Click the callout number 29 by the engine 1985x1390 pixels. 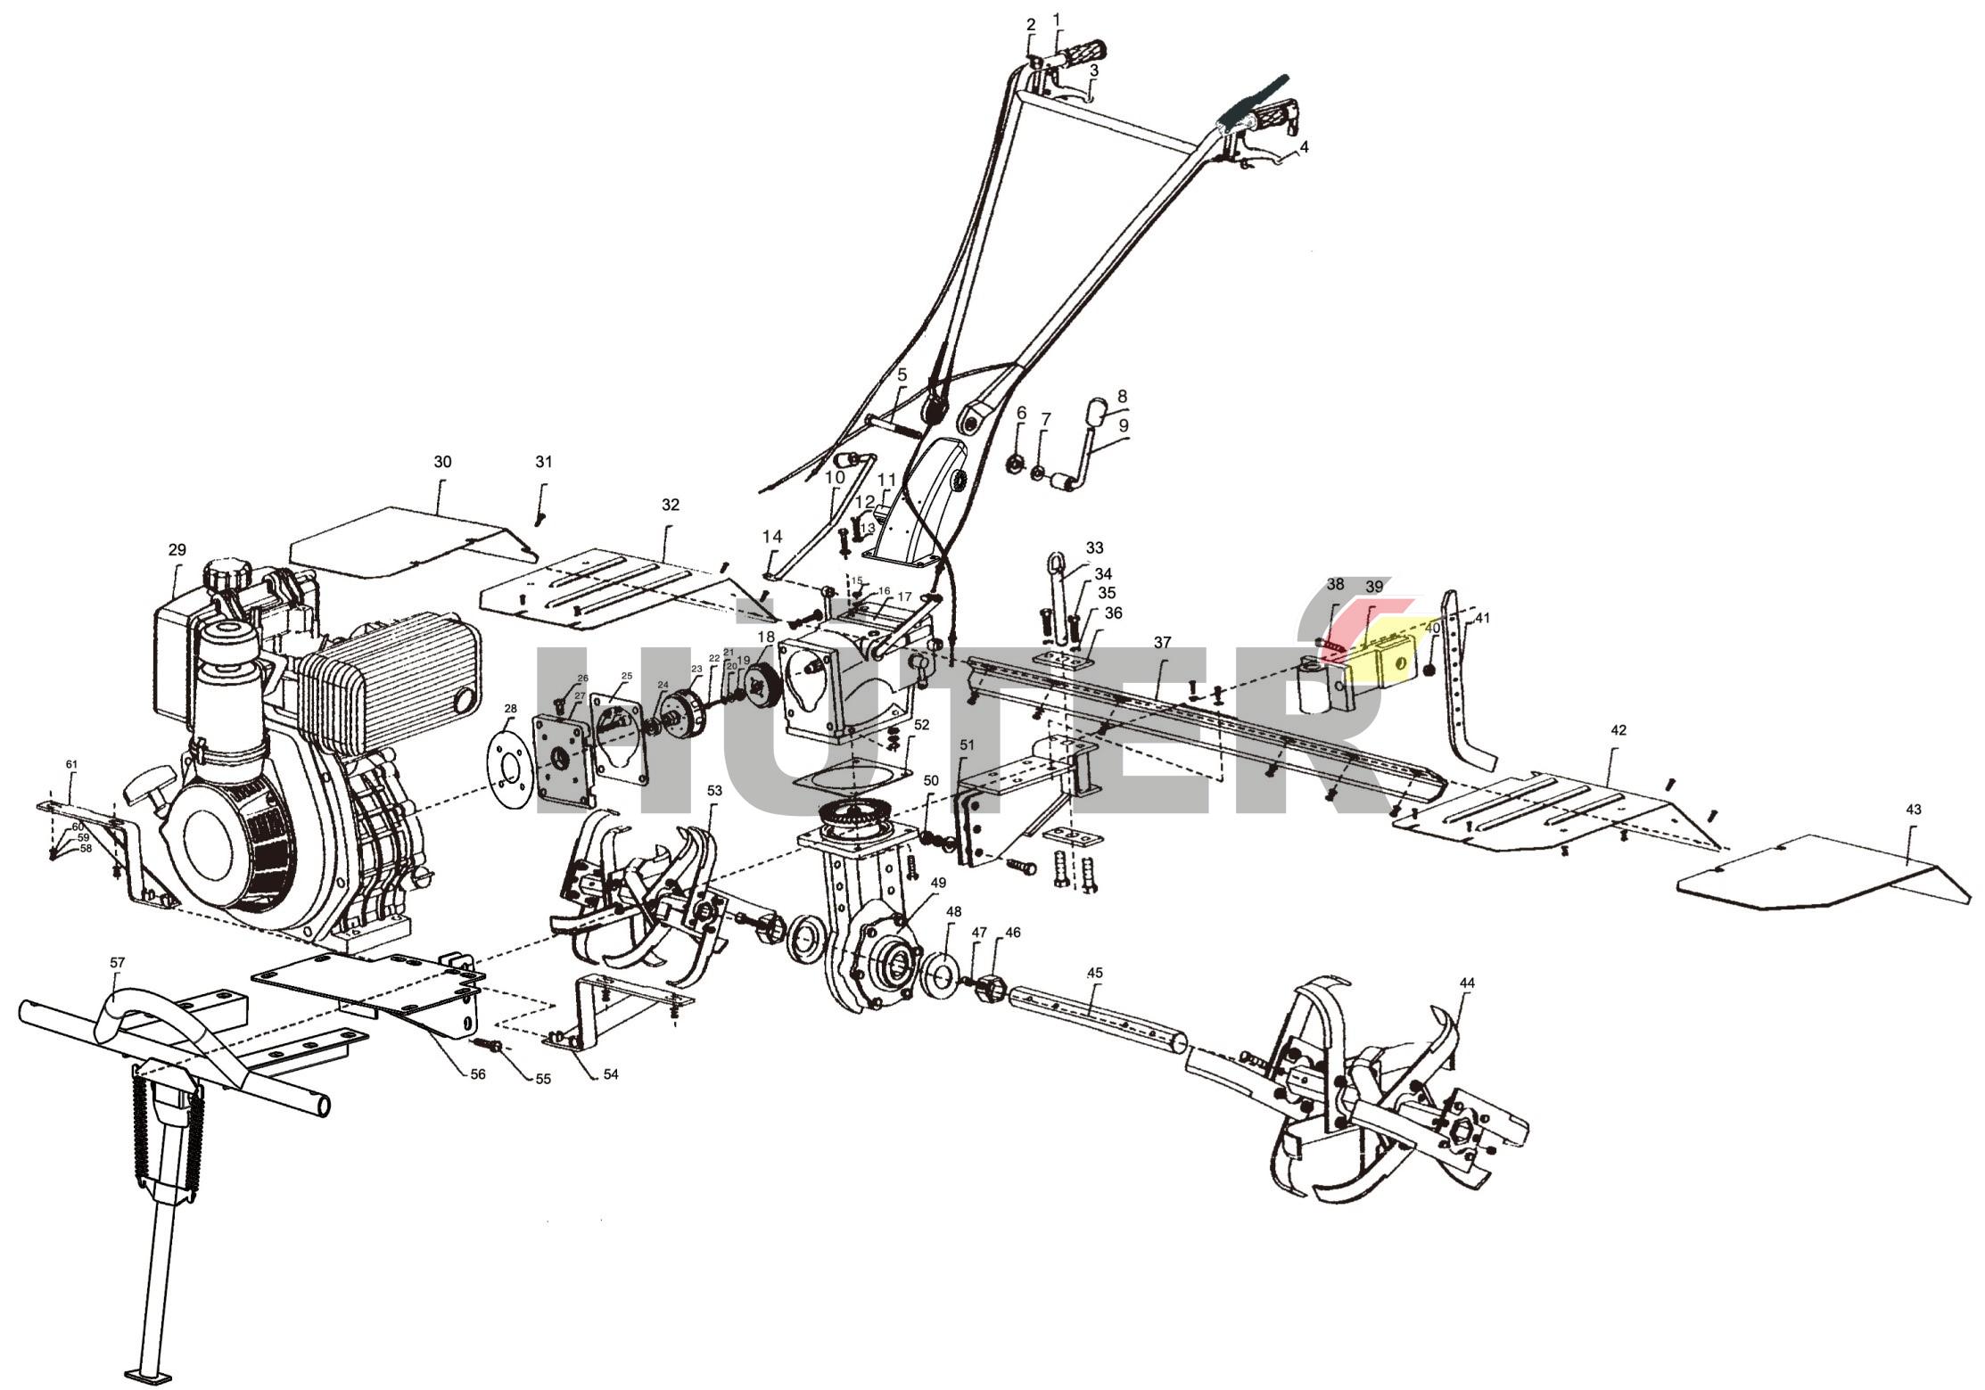177,550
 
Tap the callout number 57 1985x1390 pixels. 117,963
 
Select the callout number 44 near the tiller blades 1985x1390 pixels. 1467,983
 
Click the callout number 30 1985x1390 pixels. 442,462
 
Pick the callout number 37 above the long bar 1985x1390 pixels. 1162,642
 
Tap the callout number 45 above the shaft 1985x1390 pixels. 1095,974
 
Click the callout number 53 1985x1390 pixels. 714,791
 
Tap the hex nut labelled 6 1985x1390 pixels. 1014,464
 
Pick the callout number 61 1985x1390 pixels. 72,764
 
